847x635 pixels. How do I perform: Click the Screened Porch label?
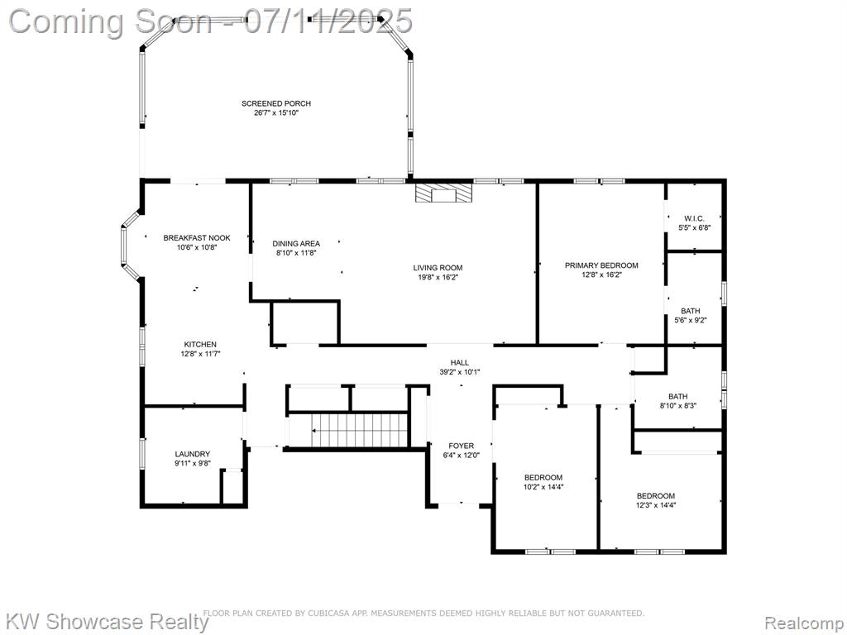276,103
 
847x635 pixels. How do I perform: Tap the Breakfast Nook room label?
197,237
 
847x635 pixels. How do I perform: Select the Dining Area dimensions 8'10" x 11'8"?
296,252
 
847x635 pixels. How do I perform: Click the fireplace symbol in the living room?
444,193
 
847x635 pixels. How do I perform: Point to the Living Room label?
438,268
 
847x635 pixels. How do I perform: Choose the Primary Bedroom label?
601,265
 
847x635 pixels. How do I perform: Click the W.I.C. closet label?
694,218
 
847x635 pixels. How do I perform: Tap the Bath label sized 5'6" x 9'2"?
691,311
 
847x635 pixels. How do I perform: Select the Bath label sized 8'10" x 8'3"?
678,396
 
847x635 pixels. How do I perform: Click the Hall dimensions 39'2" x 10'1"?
460,371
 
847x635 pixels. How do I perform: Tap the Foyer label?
462,446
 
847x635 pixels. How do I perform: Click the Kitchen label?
200,345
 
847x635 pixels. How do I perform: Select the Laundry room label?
192,454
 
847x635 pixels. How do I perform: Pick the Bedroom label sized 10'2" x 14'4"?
543,477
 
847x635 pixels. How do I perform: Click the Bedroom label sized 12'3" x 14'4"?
656,496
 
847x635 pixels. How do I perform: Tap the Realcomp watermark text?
805,623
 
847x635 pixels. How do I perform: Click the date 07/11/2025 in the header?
328,21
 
